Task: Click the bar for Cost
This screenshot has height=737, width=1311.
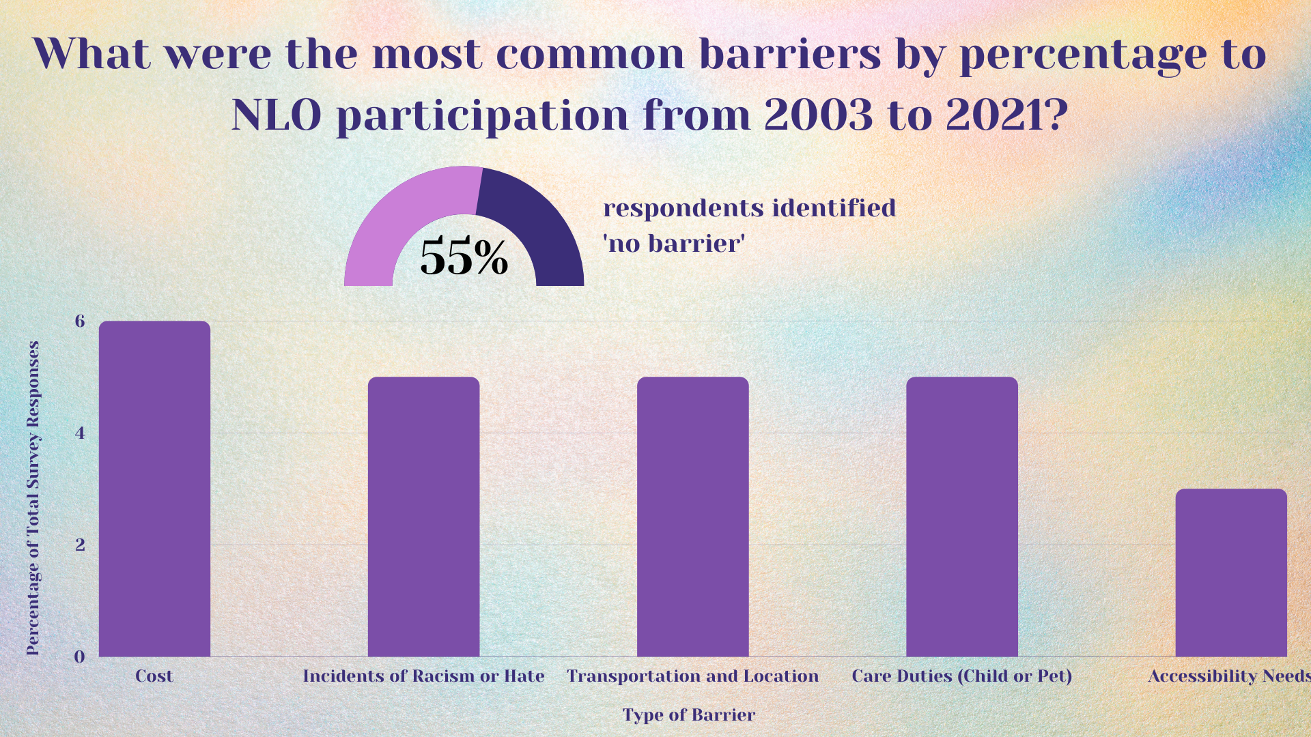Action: (x=154, y=489)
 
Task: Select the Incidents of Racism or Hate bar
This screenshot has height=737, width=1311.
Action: (x=423, y=517)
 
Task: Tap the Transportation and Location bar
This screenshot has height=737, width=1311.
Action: (x=692, y=517)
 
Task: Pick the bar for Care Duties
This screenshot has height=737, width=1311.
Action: (x=961, y=517)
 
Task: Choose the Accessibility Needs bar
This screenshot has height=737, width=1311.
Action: (x=1230, y=573)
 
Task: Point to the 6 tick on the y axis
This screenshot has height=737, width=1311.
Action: (x=80, y=321)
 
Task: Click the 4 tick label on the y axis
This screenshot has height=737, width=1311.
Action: (x=80, y=433)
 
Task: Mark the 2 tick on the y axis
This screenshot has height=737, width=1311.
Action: (x=80, y=545)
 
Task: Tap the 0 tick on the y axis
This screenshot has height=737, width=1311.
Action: (x=80, y=656)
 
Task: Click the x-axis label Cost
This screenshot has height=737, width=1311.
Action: (x=154, y=676)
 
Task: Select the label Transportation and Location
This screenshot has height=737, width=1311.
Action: (x=692, y=676)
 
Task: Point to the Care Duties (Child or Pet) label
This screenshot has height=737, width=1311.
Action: (x=961, y=676)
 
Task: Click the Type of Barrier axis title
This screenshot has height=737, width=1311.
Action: (x=688, y=715)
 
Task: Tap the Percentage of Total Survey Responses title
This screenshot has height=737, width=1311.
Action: (x=33, y=498)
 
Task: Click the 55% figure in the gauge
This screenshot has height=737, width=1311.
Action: (x=464, y=258)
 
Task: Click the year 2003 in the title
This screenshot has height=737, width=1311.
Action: (x=818, y=115)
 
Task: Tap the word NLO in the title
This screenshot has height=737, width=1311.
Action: (x=277, y=115)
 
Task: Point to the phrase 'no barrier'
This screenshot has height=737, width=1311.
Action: (x=673, y=244)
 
